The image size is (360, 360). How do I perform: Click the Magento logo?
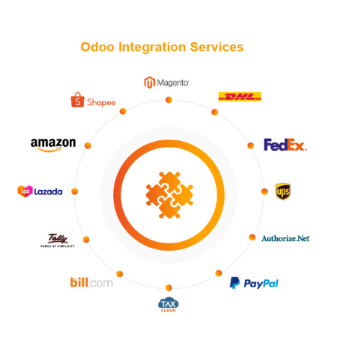point(166,82)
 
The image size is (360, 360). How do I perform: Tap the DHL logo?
point(240,96)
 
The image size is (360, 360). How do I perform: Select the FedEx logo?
point(285,145)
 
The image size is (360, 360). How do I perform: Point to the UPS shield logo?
point(283,191)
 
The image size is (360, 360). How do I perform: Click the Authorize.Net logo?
point(285,238)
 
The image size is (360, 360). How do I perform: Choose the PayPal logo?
point(254,283)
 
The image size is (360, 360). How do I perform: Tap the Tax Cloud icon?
point(168,304)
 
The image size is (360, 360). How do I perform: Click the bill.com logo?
point(91,282)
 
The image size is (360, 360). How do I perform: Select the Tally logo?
point(57,240)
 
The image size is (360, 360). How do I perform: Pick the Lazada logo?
point(40,191)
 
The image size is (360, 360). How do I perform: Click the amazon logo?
point(53,144)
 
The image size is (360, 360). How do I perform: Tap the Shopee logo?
point(93,101)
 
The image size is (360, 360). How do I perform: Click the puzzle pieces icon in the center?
point(169,194)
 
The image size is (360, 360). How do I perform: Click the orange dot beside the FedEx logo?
point(251,145)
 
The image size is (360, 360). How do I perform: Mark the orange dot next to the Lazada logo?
point(75,192)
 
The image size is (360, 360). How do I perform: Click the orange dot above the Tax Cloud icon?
point(168,287)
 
